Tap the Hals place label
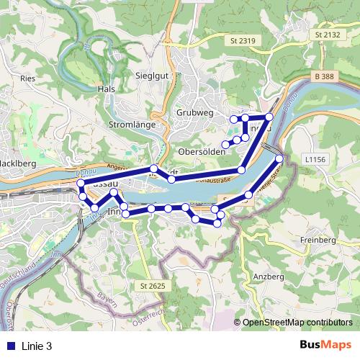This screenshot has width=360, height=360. pos(105,89)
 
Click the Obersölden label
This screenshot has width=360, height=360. pos(201,152)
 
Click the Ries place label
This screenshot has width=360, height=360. pos(29,77)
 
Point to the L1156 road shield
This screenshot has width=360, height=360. pos(315,158)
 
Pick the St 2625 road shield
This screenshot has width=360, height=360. pos(153,287)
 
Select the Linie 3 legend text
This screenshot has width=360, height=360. pos(37,346)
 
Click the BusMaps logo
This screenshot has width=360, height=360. pos(325,346)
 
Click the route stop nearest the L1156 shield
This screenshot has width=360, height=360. pos(279,158)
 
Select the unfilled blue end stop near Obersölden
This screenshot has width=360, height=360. pos(225,144)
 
